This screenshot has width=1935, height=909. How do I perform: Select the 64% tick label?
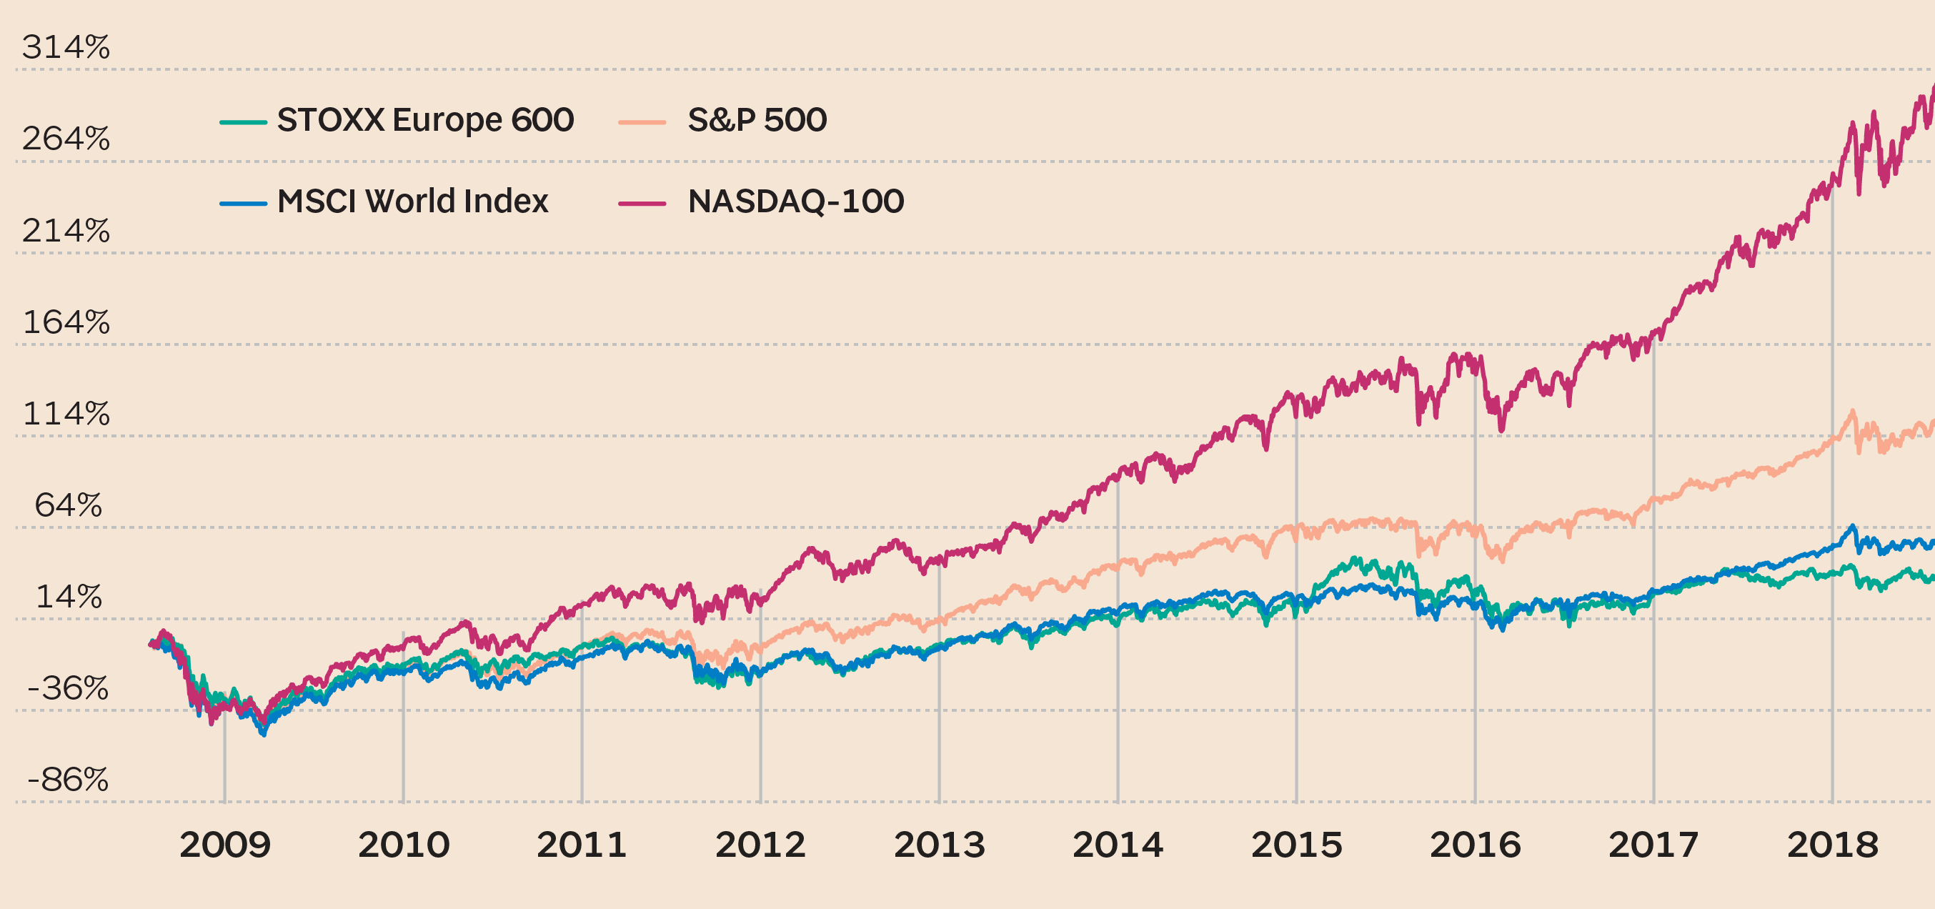[69, 505]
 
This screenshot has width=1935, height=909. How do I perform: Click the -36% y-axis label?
[68, 688]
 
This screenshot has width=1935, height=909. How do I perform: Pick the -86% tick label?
[68, 780]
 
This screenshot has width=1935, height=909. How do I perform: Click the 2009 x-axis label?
[224, 845]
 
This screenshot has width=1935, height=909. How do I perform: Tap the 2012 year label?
[760, 845]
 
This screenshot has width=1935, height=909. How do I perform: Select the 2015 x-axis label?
[1296, 845]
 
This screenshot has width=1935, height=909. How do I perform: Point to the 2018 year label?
[1832, 845]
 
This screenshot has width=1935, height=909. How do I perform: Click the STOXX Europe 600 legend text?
[425, 120]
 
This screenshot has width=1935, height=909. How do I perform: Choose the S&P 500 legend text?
[757, 120]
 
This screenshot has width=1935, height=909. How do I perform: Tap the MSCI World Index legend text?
[412, 202]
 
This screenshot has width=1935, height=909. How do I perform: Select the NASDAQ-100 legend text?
[795, 202]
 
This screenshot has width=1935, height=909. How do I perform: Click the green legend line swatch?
[243, 122]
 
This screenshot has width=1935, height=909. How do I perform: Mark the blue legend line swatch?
[243, 204]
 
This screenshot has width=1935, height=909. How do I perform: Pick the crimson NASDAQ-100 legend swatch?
[642, 204]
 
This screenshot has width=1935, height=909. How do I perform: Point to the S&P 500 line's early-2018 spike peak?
[1852, 411]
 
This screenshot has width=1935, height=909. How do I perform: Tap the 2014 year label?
[1118, 845]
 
